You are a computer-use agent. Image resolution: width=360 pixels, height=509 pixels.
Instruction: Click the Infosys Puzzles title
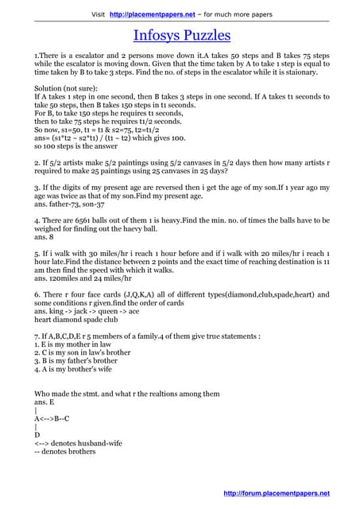[181, 35]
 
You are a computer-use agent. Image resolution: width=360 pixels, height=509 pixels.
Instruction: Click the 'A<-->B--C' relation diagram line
[52, 418]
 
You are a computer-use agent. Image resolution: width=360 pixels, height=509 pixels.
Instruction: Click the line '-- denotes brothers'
[64, 452]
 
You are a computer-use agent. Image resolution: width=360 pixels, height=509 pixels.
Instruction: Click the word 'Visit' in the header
[99, 14]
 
